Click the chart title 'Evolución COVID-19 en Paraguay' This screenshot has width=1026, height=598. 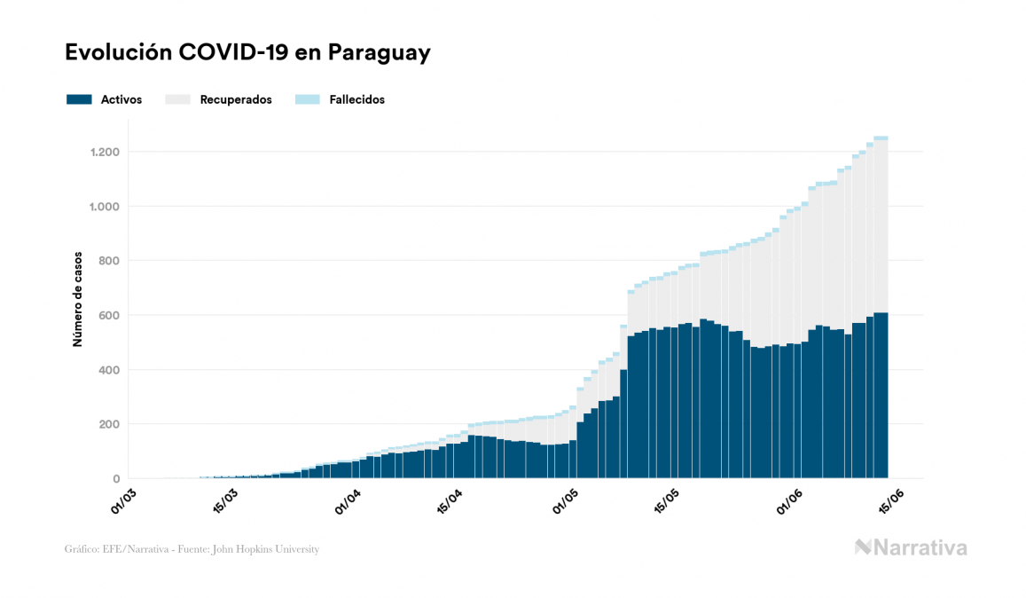(247, 52)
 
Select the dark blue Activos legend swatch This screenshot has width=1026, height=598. (79, 99)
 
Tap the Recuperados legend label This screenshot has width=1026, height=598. (236, 99)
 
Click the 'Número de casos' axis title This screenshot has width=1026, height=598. (77, 297)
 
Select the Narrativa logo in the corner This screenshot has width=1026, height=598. (911, 547)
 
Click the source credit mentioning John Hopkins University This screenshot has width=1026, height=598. (192, 549)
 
